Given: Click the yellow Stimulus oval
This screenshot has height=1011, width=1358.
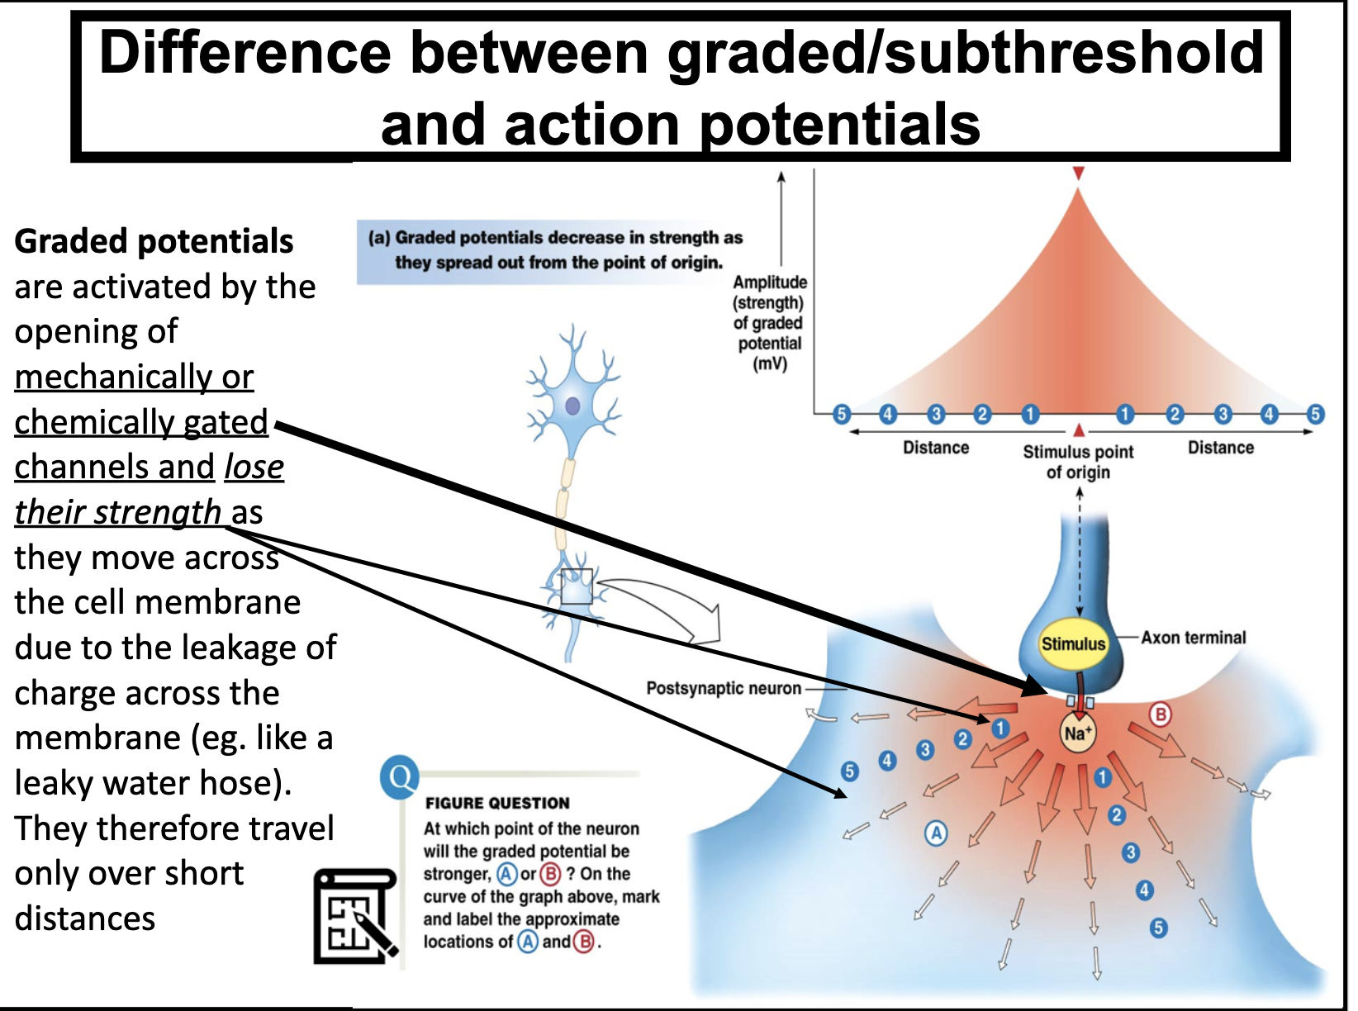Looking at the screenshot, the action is click(x=1072, y=643).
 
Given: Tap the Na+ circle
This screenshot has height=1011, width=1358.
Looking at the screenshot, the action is click(x=1077, y=733).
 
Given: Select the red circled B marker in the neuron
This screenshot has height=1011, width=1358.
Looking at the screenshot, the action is click(x=1161, y=714).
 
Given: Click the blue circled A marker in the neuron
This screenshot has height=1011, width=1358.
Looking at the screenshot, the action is click(x=936, y=833).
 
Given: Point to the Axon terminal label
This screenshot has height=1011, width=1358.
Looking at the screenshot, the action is click(x=1193, y=638).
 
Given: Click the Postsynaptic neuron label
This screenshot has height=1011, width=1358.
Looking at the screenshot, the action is click(x=724, y=688).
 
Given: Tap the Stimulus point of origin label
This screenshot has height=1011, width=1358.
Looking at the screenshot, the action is click(x=1078, y=462).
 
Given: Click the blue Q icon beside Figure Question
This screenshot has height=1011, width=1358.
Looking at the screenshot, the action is click(x=400, y=777).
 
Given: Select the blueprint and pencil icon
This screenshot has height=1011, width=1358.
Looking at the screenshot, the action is click(x=356, y=917).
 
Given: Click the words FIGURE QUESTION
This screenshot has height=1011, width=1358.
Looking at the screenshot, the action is click(x=497, y=803).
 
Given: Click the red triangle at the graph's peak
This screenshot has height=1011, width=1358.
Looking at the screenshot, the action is click(x=1078, y=173).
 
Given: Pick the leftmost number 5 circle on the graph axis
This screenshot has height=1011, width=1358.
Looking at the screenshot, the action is click(x=841, y=414).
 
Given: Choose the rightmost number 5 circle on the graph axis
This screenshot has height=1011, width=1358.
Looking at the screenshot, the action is click(x=1315, y=414).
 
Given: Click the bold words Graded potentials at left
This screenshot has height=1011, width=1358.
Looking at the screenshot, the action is click(x=154, y=241).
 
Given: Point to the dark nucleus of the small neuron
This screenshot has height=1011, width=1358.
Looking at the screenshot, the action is click(x=572, y=406).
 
